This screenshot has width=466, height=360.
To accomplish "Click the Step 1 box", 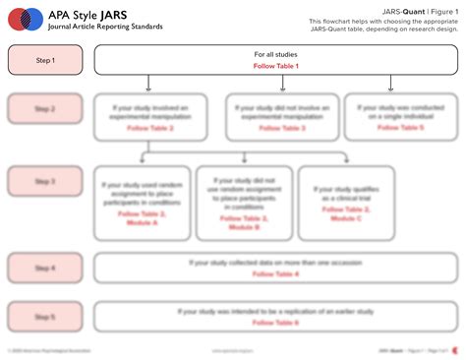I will tap(45, 60).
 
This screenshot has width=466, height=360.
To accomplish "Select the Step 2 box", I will tap(45, 108).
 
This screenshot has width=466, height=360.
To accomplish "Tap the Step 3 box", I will tap(45, 181).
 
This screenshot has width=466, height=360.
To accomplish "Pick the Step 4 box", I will tap(45, 268).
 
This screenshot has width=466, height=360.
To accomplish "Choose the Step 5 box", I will tap(45, 318).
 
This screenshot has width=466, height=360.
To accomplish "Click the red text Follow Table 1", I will tap(275, 66).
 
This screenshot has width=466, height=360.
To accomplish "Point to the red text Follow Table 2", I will tap(150, 129).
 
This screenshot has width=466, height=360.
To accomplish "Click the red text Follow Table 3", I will tap(282, 129).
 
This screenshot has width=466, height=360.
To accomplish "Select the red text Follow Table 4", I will tap(275, 273).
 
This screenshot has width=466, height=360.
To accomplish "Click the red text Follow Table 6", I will tap(275, 323).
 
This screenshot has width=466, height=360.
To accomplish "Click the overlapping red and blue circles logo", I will tap(24, 19).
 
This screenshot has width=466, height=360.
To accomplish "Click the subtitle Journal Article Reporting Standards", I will tap(105, 27).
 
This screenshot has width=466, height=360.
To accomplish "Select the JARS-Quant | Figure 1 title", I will tap(413, 11).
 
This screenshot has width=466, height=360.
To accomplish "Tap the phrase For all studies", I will tap(275, 54).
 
